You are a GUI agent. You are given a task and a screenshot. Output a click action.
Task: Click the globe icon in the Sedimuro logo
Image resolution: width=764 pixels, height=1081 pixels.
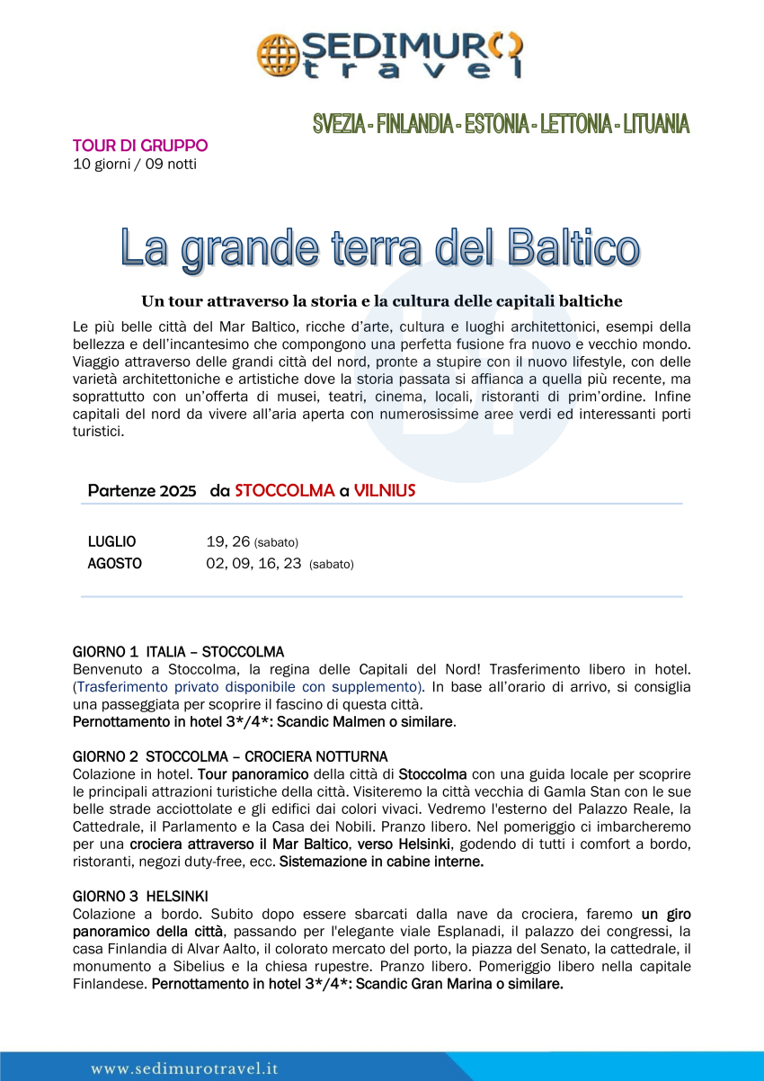pyautogui.click(x=276, y=55)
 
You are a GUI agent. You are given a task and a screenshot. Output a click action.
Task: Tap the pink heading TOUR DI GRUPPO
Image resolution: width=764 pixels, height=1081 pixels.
pyautogui.click(x=140, y=146)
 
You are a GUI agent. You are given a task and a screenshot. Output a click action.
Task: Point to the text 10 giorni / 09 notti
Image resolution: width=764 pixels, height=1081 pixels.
pyautogui.click(x=134, y=164)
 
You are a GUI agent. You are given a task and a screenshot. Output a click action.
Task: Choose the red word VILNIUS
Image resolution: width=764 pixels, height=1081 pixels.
pyautogui.click(x=385, y=491)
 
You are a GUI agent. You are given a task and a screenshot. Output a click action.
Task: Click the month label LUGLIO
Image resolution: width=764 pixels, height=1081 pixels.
pyautogui.click(x=111, y=541)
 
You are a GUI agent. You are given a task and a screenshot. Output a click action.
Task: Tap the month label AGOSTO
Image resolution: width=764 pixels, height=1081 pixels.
pyautogui.click(x=114, y=564)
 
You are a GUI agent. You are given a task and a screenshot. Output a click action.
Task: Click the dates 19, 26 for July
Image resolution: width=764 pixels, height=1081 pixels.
pyautogui.click(x=227, y=541)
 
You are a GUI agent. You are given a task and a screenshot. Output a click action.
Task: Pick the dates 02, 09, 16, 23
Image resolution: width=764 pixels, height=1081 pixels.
pyautogui.click(x=253, y=564)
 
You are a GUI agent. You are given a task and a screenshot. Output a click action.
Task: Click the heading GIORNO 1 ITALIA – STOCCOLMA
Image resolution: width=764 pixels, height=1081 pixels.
pyautogui.click(x=178, y=651)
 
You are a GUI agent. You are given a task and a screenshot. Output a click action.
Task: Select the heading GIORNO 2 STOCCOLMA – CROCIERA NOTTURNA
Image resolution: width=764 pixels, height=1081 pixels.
pyautogui.click(x=230, y=756)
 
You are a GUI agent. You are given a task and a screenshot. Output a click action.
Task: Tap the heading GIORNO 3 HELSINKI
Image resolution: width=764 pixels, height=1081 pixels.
pyautogui.click(x=140, y=896)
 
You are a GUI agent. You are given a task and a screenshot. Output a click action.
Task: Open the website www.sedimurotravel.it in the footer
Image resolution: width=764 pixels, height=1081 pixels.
pyautogui.click(x=184, y=1068)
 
